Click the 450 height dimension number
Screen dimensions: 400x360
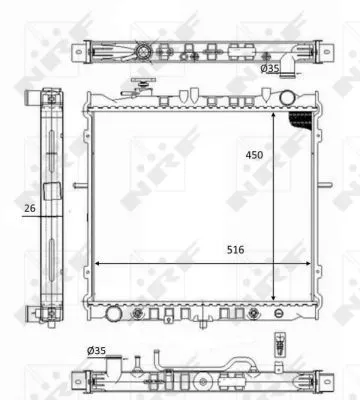click(256, 155)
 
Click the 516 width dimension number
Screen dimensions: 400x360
click(234, 248)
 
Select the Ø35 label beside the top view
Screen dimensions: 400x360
click(270, 69)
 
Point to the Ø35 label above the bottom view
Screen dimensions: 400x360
click(96, 350)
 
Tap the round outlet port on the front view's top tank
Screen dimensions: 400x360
click(289, 98)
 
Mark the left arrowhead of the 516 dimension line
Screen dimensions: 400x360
click(96, 264)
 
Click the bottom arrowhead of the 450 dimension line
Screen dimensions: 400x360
click(274, 297)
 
